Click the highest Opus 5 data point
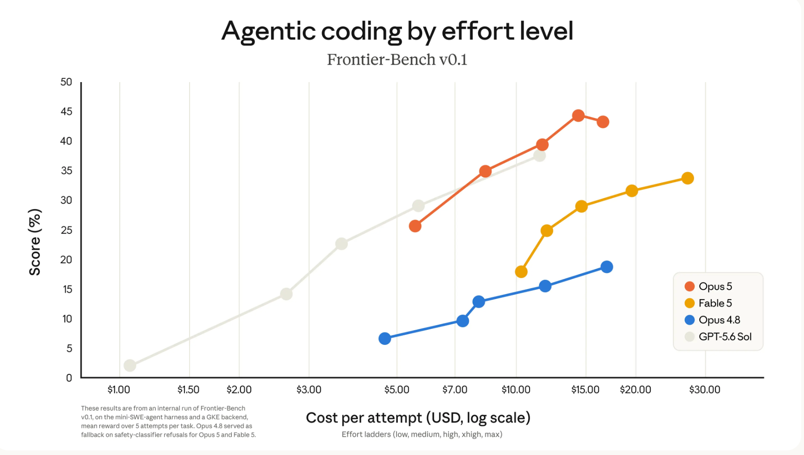tap(578, 116)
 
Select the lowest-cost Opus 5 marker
tap(415, 226)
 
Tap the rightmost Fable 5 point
tap(687, 178)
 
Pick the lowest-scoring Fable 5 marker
tap(521, 272)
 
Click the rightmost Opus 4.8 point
tap(607, 267)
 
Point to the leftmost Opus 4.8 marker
tap(385, 338)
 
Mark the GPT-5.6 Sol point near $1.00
tap(130, 366)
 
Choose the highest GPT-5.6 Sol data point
tap(540, 155)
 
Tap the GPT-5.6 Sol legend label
tap(725, 337)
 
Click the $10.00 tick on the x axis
tap(516, 390)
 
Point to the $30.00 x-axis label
tap(704, 390)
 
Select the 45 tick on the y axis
tap(66, 111)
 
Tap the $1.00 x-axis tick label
tap(118, 390)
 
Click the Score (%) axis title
tap(35, 242)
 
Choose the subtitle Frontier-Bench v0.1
tap(397, 60)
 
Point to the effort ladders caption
tap(422, 434)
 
